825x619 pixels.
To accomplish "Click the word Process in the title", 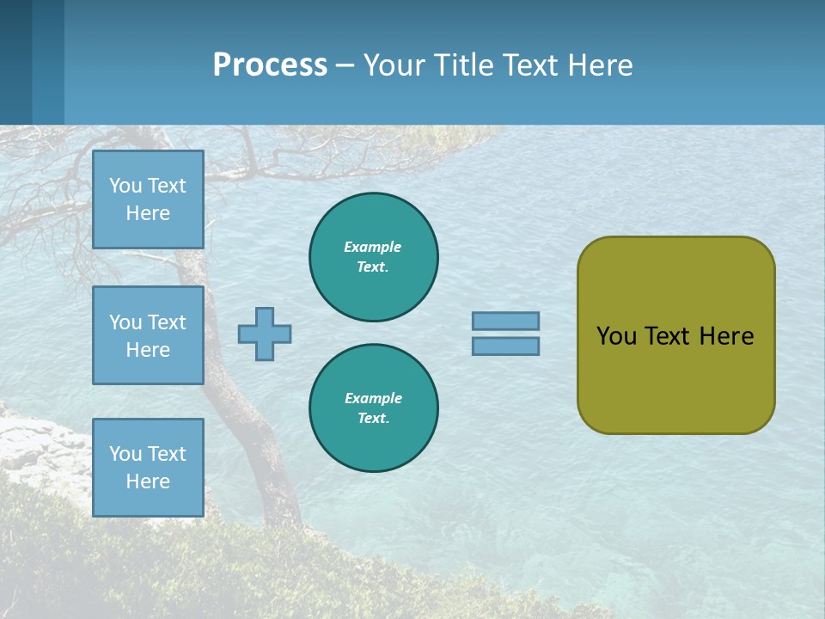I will (270, 65).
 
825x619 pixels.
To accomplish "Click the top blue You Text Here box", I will (148, 199).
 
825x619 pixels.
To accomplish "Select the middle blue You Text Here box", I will (148, 335).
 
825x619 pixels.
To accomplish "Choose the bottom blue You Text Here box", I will (148, 467).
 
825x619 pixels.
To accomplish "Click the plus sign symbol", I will (265, 334).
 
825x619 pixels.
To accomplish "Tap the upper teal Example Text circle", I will (373, 257).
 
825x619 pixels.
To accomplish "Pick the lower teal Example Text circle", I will (373, 408).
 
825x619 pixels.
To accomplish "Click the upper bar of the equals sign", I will (505, 321).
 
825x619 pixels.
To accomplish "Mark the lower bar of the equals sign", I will (505, 346).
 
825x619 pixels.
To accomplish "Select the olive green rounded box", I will (675, 335).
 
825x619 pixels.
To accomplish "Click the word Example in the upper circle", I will (373, 247).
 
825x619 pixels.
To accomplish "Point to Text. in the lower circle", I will (373, 419).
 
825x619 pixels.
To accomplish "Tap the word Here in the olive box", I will (726, 336).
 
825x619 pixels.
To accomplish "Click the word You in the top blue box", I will (124, 186).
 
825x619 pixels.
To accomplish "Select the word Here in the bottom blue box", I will (148, 481).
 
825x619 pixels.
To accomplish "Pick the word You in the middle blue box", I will (124, 322).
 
